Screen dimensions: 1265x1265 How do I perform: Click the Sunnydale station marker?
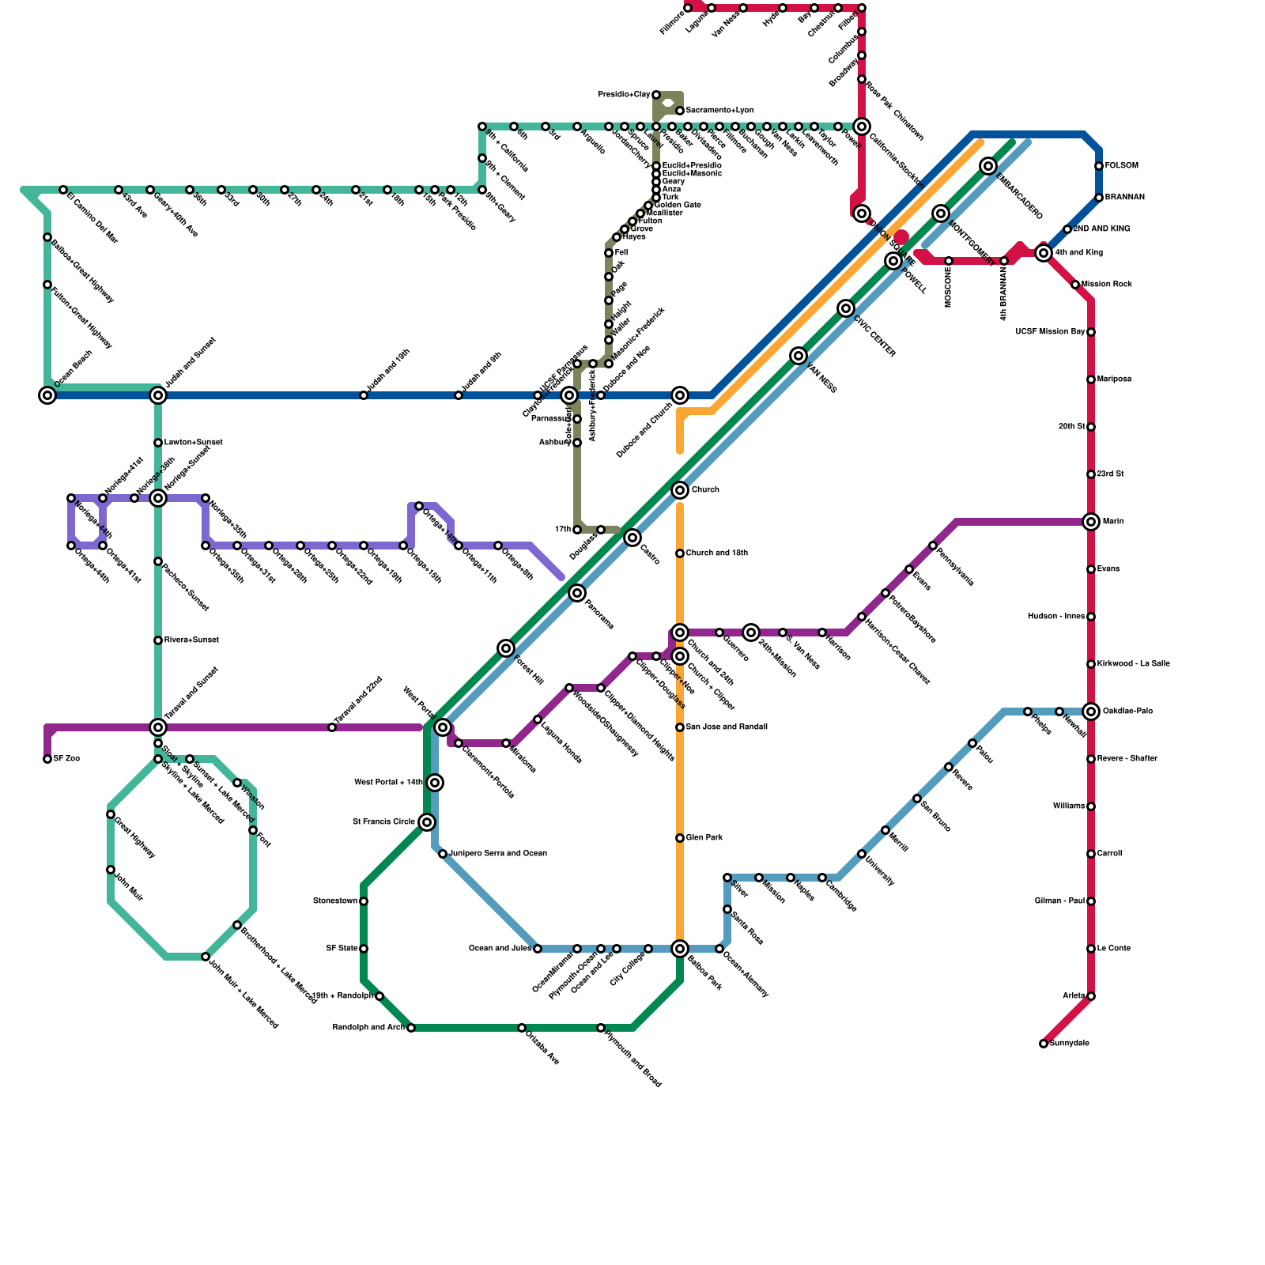click(1044, 1044)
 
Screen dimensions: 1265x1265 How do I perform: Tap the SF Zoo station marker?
click(47, 759)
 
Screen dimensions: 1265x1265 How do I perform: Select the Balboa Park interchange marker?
click(680, 949)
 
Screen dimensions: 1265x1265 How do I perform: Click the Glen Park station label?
click(704, 838)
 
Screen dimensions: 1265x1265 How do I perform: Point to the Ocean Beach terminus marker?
click(47, 395)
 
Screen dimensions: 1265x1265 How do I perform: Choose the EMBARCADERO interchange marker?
click(988, 166)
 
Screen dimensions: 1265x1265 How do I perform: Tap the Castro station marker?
click(632, 538)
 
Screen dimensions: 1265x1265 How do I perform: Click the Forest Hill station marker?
click(506, 649)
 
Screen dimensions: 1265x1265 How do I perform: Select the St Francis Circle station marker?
click(427, 822)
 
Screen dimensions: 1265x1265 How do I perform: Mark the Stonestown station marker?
click(364, 901)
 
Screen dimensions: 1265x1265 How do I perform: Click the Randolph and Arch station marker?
click(411, 1028)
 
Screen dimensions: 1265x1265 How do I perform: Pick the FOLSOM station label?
click(1121, 166)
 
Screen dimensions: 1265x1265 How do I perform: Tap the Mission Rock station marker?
click(1075, 285)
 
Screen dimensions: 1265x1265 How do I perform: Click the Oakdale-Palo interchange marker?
click(1091, 712)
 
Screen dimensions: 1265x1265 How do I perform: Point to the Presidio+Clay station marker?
click(656, 95)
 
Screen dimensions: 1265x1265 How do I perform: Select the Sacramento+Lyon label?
click(719, 111)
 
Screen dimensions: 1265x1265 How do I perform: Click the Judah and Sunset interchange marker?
click(158, 395)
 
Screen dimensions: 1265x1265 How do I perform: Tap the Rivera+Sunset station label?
click(191, 640)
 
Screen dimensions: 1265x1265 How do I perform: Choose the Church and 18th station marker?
click(680, 553)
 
